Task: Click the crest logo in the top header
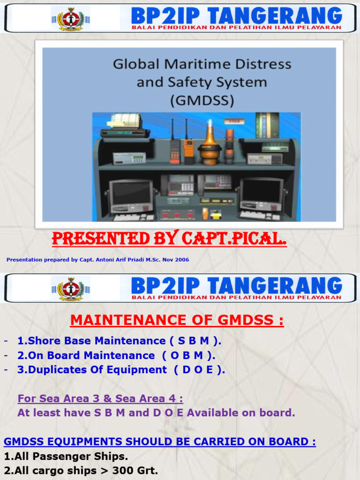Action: click(71, 18)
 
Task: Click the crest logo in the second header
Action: click(71, 288)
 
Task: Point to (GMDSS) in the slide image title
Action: click(202, 100)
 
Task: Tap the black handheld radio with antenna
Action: click(175, 149)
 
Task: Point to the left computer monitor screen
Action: click(130, 192)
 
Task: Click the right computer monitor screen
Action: click(261, 191)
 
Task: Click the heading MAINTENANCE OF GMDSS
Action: click(177, 320)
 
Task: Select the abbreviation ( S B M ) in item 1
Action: click(195, 341)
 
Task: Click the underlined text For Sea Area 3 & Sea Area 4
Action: click(100, 398)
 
